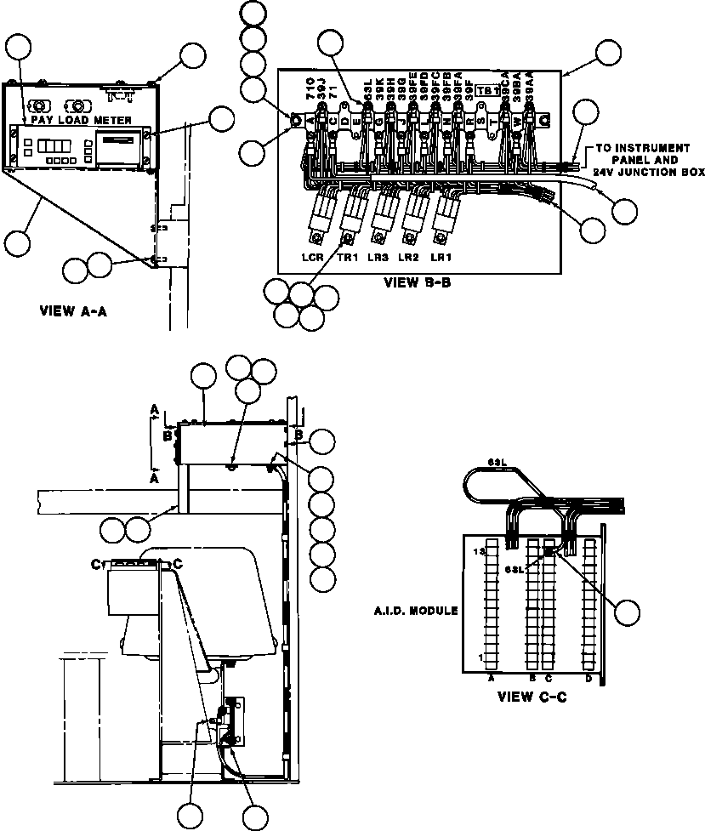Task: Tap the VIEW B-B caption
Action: [x=412, y=282]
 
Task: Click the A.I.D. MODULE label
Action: [x=417, y=611]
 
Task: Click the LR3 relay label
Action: [x=378, y=256]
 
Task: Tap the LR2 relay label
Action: [x=409, y=256]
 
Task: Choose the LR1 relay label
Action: [x=440, y=256]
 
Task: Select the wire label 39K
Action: [x=378, y=91]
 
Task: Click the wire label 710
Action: [x=310, y=88]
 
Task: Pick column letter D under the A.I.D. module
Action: [x=588, y=678]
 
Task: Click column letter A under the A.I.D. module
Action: [x=492, y=678]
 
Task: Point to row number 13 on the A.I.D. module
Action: [x=480, y=552]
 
